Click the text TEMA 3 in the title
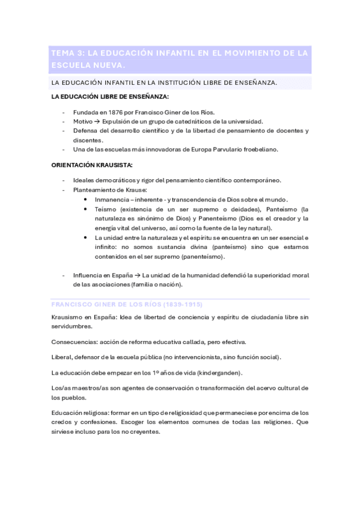67,53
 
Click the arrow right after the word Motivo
96,121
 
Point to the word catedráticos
189,121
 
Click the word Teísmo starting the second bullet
106,209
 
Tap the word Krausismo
67,318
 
